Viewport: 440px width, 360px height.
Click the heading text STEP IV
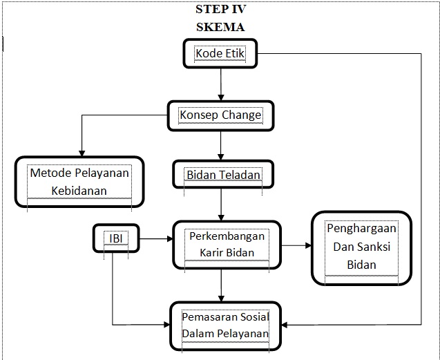[x=220, y=10]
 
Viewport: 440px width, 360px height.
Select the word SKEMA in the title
[x=220, y=27]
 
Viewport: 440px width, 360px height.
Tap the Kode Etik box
[x=220, y=53]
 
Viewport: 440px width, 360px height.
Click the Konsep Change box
[x=220, y=115]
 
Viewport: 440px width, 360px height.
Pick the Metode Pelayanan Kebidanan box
[x=79, y=181]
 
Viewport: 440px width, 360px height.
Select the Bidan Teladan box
[x=223, y=175]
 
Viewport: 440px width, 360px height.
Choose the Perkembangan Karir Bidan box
[x=221, y=244]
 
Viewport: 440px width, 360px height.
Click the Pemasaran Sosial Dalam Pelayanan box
[x=225, y=325]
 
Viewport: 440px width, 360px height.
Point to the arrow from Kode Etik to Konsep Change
[x=220, y=84]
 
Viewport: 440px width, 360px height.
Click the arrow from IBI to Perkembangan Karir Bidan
[x=155, y=239]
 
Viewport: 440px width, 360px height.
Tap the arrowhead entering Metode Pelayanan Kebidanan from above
[x=82, y=152]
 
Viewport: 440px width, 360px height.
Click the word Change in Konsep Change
[x=241, y=115]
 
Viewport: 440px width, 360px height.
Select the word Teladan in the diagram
[x=239, y=175]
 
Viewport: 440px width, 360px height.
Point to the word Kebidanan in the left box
[x=79, y=189]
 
